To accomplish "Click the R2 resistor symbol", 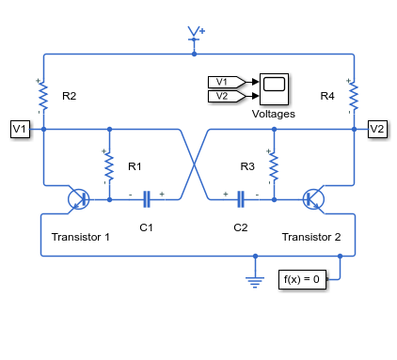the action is [43, 96].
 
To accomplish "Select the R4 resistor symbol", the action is [354, 96].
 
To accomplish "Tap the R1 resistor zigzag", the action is [109, 166].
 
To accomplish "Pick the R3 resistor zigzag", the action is [274, 166].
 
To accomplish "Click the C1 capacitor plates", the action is [147, 199].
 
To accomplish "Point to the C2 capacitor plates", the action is [241, 199].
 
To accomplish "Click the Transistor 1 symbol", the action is [78, 199].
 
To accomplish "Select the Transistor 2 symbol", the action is [313, 199].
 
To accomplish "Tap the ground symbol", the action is [255, 282].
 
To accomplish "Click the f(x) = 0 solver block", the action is [302, 279].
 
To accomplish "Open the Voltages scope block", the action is [274, 89].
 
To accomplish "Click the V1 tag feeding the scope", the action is [227, 82].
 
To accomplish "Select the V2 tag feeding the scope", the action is [227, 96].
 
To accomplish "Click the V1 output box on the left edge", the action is [20, 129].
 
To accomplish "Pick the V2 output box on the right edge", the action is [377, 129].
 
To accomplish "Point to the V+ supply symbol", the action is [196, 34].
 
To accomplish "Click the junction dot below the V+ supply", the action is [194, 54].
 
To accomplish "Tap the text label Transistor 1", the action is [81, 237].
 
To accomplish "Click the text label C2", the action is [241, 227].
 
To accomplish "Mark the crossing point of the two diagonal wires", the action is [194, 164].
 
